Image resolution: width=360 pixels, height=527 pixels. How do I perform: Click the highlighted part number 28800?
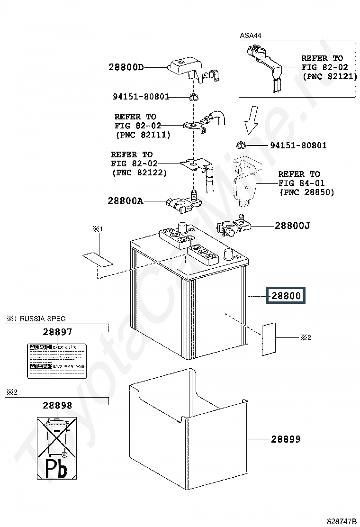286,296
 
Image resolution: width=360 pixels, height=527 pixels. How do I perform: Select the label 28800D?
126,67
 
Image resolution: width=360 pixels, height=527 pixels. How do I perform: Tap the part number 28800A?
125,200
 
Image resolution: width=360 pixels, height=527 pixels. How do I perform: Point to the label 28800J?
292,226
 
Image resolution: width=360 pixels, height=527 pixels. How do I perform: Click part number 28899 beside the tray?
286,439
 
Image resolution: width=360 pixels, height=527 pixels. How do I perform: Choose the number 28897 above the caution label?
57,332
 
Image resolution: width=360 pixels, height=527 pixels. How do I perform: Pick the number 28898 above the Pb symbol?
57,405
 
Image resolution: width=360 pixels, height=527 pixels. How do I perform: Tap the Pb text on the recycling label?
56,469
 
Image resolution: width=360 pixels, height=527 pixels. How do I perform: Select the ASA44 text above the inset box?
250,36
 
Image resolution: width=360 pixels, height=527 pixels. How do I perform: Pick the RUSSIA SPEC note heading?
36,318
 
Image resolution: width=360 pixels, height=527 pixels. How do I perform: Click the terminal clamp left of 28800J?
232,228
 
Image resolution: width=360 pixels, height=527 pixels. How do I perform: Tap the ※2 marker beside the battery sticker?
306,337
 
